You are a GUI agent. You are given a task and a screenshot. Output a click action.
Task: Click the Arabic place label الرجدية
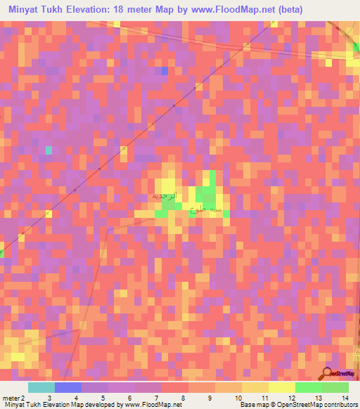[168, 197]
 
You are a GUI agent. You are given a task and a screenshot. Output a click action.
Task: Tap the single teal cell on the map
[49, 150]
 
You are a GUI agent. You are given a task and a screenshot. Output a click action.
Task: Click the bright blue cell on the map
[165, 71]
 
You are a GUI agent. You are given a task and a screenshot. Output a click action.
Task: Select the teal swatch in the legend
[41, 387]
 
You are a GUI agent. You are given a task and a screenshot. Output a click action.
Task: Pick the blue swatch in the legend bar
[67, 387]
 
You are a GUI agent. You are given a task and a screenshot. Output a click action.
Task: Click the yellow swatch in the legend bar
[281, 387]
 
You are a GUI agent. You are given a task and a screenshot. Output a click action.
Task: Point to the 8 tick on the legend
[183, 397]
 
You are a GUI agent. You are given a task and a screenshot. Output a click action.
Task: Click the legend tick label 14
[345, 397]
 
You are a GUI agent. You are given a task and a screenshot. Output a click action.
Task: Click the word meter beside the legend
[11, 397]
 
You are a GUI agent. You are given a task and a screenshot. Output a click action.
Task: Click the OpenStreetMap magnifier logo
[328, 374]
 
